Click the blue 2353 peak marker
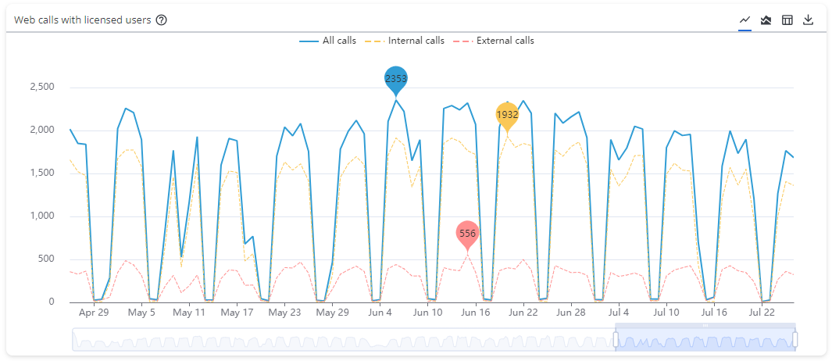pyautogui.click(x=396, y=79)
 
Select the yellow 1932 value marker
pyautogui.click(x=507, y=115)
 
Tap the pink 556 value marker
pyautogui.click(x=467, y=233)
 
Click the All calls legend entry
pyautogui.click(x=328, y=41)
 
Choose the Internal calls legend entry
pyautogui.click(x=405, y=41)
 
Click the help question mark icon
pyautogui.click(x=162, y=20)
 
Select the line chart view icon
pyautogui.click(x=745, y=20)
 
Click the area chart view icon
pyautogui.click(x=766, y=20)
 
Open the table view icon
pyautogui.click(x=787, y=20)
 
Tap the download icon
pyautogui.click(x=809, y=20)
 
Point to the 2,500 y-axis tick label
pyautogui.click(x=41, y=87)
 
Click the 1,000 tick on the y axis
pyautogui.click(x=41, y=216)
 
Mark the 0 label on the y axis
pyautogui.click(x=51, y=302)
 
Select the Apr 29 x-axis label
pyautogui.click(x=94, y=313)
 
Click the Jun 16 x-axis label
pyautogui.click(x=475, y=313)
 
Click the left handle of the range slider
pyautogui.click(x=616, y=339)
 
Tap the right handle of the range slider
pyautogui.click(x=795, y=339)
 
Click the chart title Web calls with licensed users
pyautogui.click(x=82, y=20)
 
